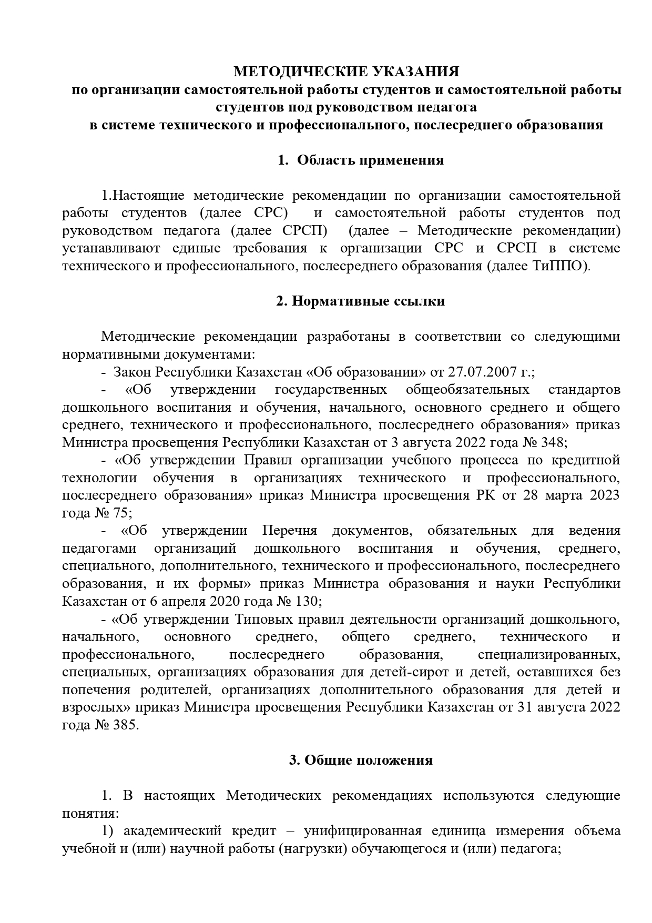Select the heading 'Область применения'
[370, 160]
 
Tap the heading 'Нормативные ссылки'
[368, 301]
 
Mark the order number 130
[305, 601]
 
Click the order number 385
[125, 725]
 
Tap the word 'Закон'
[131, 372]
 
